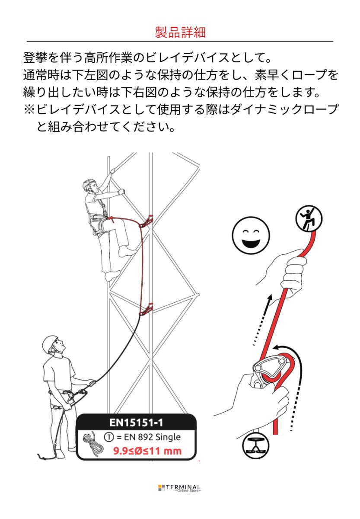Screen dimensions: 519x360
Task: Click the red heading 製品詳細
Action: coord(180,32)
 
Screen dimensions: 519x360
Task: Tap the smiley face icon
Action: coord(251,236)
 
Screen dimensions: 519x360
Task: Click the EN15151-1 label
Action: coord(137,422)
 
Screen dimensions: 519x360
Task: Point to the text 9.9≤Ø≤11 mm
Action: coord(147,451)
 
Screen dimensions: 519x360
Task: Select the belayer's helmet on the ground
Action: coord(50,344)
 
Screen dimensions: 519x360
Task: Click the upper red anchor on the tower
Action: coord(146,221)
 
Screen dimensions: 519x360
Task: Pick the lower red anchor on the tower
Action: coord(146,309)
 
